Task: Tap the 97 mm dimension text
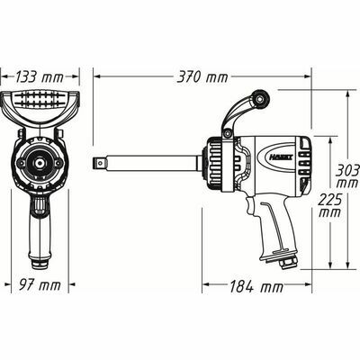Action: pos(40,285)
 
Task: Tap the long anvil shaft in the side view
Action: pos(153,164)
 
